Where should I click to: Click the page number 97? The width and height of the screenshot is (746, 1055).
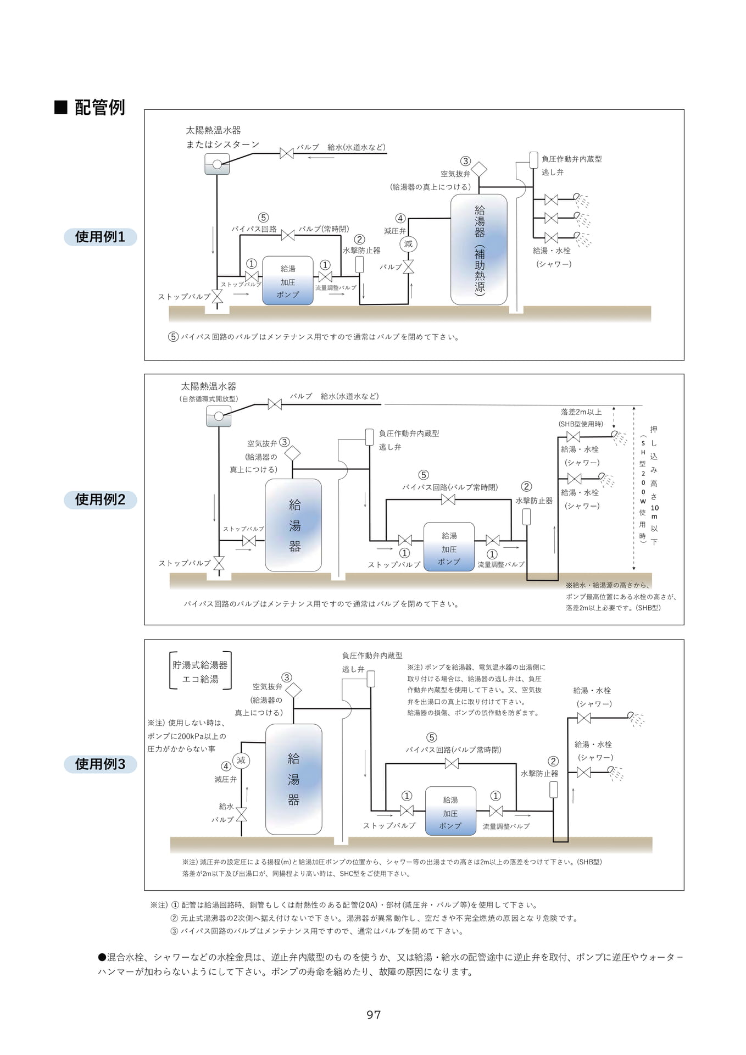[x=374, y=1014]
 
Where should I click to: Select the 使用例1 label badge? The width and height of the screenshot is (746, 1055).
[x=100, y=237]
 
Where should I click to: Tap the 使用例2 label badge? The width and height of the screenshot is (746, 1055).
[x=100, y=499]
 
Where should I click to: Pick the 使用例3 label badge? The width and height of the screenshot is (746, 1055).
[x=100, y=764]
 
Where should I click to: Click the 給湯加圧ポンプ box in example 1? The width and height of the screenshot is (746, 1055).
[x=288, y=281]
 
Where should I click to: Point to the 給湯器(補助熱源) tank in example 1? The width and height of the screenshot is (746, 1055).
[x=479, y=249]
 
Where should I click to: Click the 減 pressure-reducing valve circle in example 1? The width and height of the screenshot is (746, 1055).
[x=408, y=244]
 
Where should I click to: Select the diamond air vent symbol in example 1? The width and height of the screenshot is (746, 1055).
[x=479, y=169]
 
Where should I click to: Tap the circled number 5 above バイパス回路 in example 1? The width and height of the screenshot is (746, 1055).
[x=264, y=218]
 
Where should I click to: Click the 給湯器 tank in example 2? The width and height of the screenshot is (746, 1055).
[x=293, y=525]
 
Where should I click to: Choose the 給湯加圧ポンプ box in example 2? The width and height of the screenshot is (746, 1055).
[x=449, y=547]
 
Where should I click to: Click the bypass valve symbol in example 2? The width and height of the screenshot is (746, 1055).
[x=448, y=499]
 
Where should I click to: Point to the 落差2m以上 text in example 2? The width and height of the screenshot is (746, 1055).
[x=581, y=412]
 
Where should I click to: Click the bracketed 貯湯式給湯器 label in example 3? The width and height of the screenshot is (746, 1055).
[x=201, y=671]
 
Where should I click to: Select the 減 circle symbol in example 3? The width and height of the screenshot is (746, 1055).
[x=241, y=760]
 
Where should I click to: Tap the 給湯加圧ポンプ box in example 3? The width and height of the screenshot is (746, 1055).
[x=450, y=811]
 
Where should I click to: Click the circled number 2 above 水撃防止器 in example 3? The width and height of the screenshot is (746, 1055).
[x=553, y=761]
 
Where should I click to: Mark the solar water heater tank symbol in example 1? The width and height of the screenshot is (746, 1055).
[x=217, y=164]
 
